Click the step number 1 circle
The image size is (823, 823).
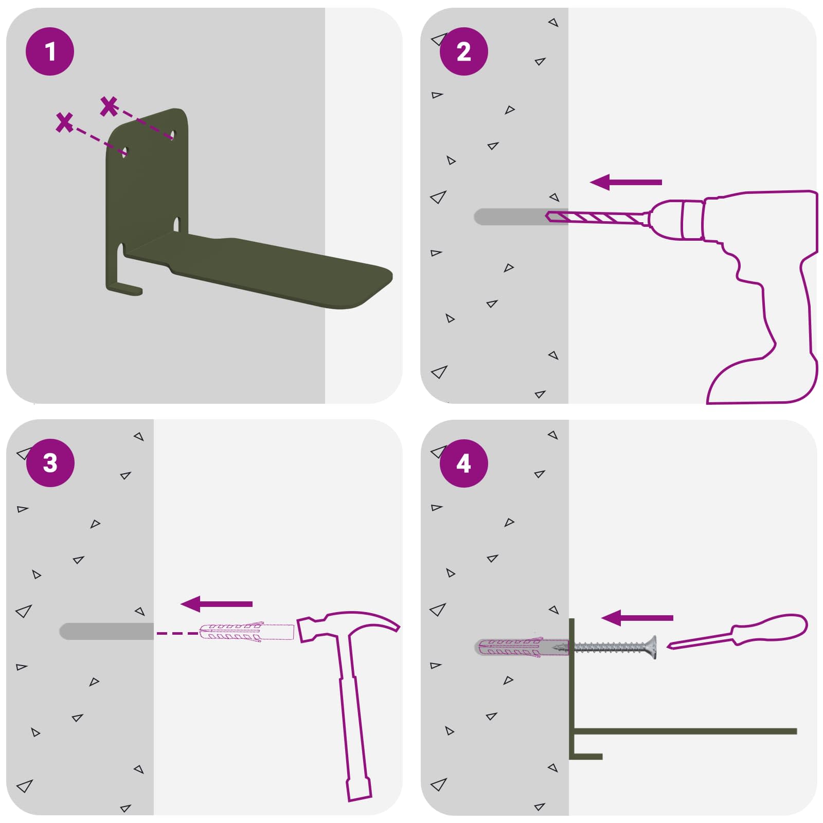point(50,51)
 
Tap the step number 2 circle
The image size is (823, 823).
point(463,51)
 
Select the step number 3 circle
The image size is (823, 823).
point(50,463)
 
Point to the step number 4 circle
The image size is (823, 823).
point(463,463)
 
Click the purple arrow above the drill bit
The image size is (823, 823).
point(625,182)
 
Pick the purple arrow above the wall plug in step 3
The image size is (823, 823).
point(216,604)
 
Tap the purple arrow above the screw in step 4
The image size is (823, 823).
point(637,618)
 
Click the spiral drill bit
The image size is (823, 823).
point(597,218)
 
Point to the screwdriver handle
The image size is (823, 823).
point(769,629)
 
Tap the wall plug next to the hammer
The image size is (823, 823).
point(246,632)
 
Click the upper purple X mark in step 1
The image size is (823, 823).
point(109,106)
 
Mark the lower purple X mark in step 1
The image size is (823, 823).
point(64,122)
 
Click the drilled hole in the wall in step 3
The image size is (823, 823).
point(106,632)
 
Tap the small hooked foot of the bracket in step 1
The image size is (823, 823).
point(123,289)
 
